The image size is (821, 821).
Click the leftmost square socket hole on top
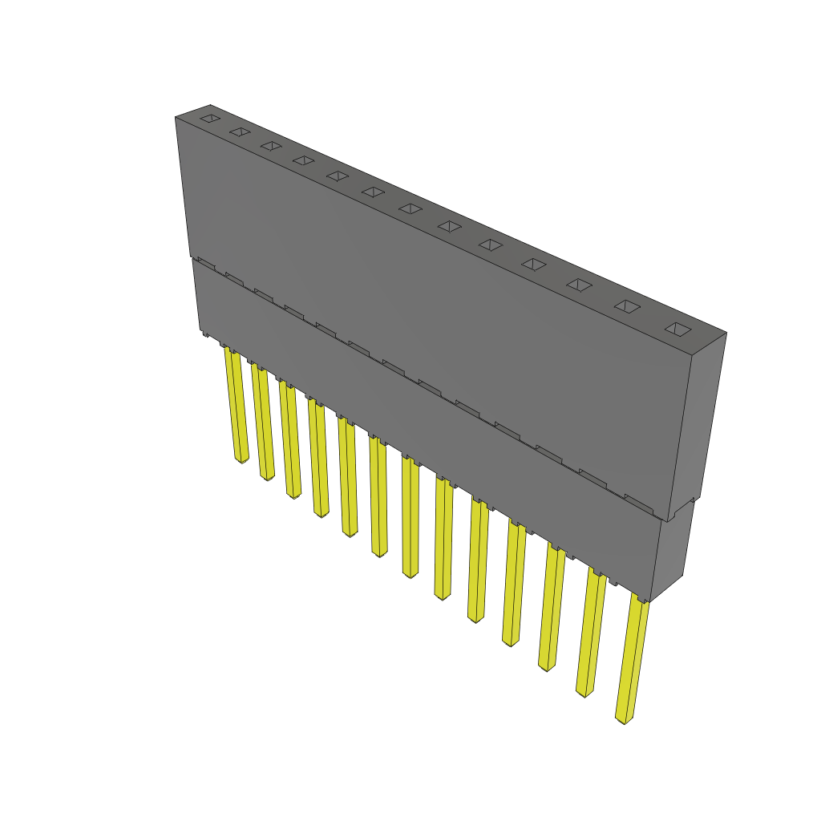pos(210,119)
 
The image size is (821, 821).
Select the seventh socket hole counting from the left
pos(410,208)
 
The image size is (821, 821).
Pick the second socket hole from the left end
pos(240,131)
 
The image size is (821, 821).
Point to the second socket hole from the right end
pos(628,306)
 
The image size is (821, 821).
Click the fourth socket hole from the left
pos(303,160)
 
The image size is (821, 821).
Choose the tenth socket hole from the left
pos(534,264)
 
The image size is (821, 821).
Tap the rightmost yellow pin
pos(633,657)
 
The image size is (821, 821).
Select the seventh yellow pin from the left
pos(410,517)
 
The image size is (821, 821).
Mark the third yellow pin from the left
pos(289,439)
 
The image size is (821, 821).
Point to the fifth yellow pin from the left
pos(347,477)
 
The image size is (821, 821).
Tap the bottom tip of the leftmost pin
pos(241,460)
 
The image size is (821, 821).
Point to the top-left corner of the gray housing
pos(176,118)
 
